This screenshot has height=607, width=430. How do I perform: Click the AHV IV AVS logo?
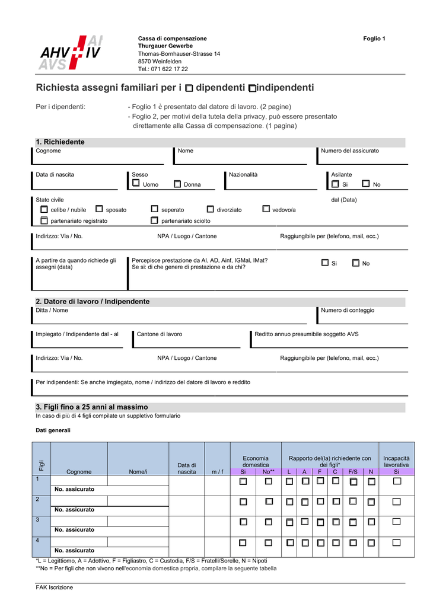click(x=69, y=53)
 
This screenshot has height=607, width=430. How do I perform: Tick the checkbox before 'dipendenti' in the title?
click(x=189, y=88)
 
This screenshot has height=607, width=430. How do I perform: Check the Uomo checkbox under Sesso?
click(x=136, y=184)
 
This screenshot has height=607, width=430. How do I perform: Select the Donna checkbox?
click(x=177, y=184)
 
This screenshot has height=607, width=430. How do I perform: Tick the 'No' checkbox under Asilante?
click(x=365, y=184)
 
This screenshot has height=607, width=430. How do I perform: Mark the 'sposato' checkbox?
click(x=99, y=209)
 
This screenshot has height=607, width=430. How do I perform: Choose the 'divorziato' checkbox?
click(x=210, y=209)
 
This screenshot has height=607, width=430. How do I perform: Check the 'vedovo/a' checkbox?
click(x=266, y=209)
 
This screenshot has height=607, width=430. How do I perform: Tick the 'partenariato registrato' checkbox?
click(x=44, y=221)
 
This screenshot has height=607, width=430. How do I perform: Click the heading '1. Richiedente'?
click(x=60, y=142)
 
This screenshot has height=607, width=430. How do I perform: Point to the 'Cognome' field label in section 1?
click(x=48, y=151)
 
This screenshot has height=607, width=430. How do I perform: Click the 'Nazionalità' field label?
click(x=243, y=175)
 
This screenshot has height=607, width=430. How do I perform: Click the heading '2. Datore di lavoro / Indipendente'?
click(x=93, y=302)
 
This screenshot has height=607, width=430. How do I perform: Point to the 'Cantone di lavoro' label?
click(x=159, y=334)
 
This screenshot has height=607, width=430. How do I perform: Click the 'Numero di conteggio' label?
click(x=348, y=311)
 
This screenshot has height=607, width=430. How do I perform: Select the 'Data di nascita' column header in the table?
click(x=186, y=468)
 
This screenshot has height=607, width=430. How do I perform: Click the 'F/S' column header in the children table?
click(x=353, y=472)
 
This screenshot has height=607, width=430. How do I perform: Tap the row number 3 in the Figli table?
click(x=37, y=520)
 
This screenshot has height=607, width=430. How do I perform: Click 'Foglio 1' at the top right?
click(x=374, y=39)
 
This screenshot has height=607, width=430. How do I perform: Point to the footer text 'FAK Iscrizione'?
click(x=55, y=587)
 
